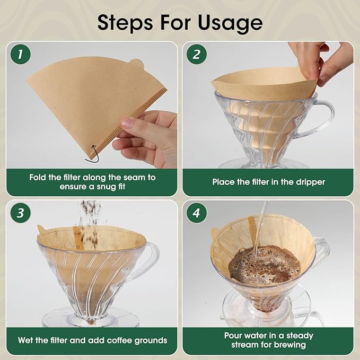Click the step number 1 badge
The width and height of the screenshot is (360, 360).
coord(20,55)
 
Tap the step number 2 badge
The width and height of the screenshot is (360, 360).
coord(197,55)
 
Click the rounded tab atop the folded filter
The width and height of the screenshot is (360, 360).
coord(137,65)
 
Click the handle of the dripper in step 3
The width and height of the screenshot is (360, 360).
coord(151,260)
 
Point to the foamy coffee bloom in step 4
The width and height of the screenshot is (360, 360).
coord(257,263)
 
